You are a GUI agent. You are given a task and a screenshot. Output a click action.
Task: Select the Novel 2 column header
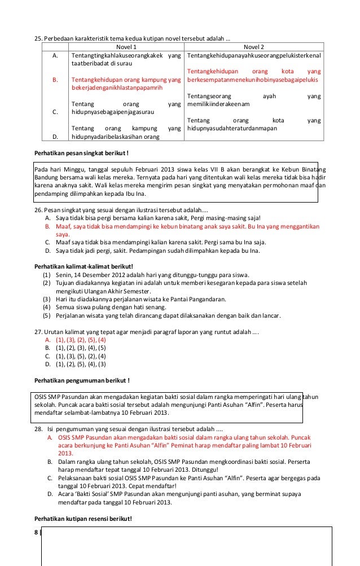click(253, 46)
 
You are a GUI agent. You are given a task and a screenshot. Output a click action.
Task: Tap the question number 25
click(39, 38)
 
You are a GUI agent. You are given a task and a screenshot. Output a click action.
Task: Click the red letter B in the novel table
click(55, 80)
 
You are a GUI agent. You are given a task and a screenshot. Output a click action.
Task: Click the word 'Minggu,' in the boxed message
click(75, 168)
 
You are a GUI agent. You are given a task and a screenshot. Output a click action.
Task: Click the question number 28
click(39, 429)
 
